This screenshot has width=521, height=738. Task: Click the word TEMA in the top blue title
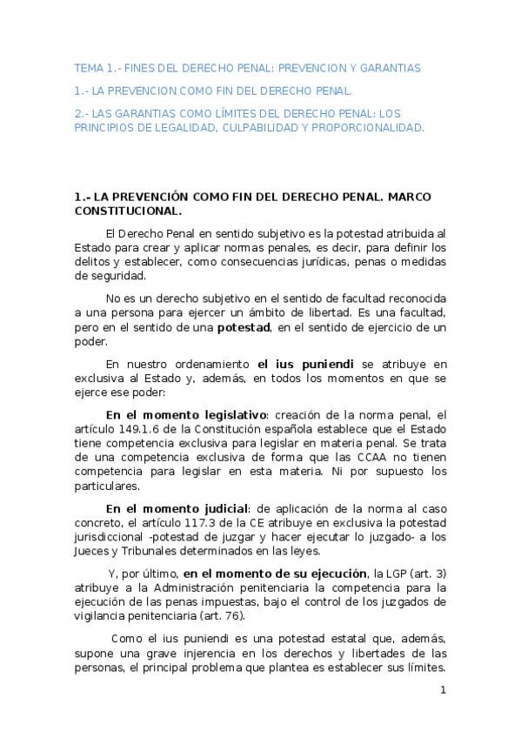point(87,67)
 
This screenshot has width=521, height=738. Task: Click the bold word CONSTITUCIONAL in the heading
point(128,211)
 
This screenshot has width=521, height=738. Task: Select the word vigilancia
point(104,616)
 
